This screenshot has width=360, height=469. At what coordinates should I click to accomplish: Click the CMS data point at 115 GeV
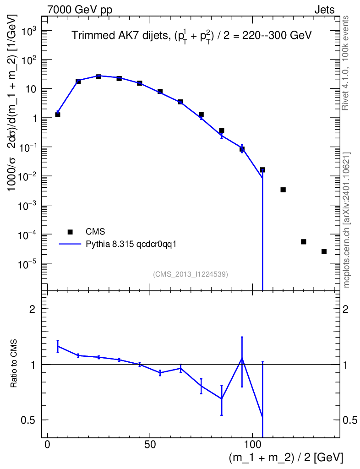(283, 190)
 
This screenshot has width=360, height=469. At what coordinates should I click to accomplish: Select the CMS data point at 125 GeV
(304, 242)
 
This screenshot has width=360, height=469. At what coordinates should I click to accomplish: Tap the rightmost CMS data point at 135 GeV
(324, 251)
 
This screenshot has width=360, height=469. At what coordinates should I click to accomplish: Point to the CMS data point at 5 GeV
(58, 115)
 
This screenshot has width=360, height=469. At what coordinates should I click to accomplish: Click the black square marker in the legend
(70, 232)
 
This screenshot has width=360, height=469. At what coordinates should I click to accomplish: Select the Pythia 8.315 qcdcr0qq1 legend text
(131, 244)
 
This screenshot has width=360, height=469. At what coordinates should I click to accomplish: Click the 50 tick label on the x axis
(150, 444)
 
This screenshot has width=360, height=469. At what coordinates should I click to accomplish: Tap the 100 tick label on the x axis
(252, 444)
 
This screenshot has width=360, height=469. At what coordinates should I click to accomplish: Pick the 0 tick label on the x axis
(48, 444)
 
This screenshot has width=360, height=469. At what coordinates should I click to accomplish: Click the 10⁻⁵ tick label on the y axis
(26, 264)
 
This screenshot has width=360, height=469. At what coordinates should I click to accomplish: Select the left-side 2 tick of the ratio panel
(32, 309)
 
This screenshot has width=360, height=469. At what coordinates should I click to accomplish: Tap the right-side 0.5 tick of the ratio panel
(350, 420)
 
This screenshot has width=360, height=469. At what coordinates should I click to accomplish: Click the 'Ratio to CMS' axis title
(13, 363)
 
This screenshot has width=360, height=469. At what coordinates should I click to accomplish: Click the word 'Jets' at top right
(324, 10)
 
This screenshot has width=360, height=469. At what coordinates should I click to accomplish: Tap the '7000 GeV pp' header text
(80, 10)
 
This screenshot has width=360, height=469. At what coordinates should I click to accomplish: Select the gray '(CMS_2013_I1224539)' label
(191, 274)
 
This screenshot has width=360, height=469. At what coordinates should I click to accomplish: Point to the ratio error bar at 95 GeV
(242, 362)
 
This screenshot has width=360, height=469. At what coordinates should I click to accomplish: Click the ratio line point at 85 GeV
(222, 399)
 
